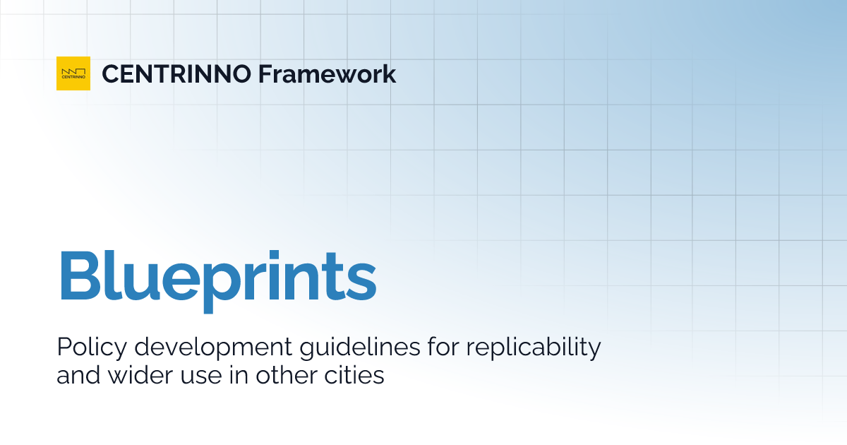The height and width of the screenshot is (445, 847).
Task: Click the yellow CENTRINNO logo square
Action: pos(73,73)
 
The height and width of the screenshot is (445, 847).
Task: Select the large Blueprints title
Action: pos(217,274)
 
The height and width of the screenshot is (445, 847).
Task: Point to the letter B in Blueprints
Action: pos(79,274)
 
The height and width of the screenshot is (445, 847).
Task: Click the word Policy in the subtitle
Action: pos(88,348)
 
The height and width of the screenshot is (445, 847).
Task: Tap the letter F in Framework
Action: pos(265,73)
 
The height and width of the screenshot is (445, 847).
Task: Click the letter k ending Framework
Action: pos(389,73)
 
